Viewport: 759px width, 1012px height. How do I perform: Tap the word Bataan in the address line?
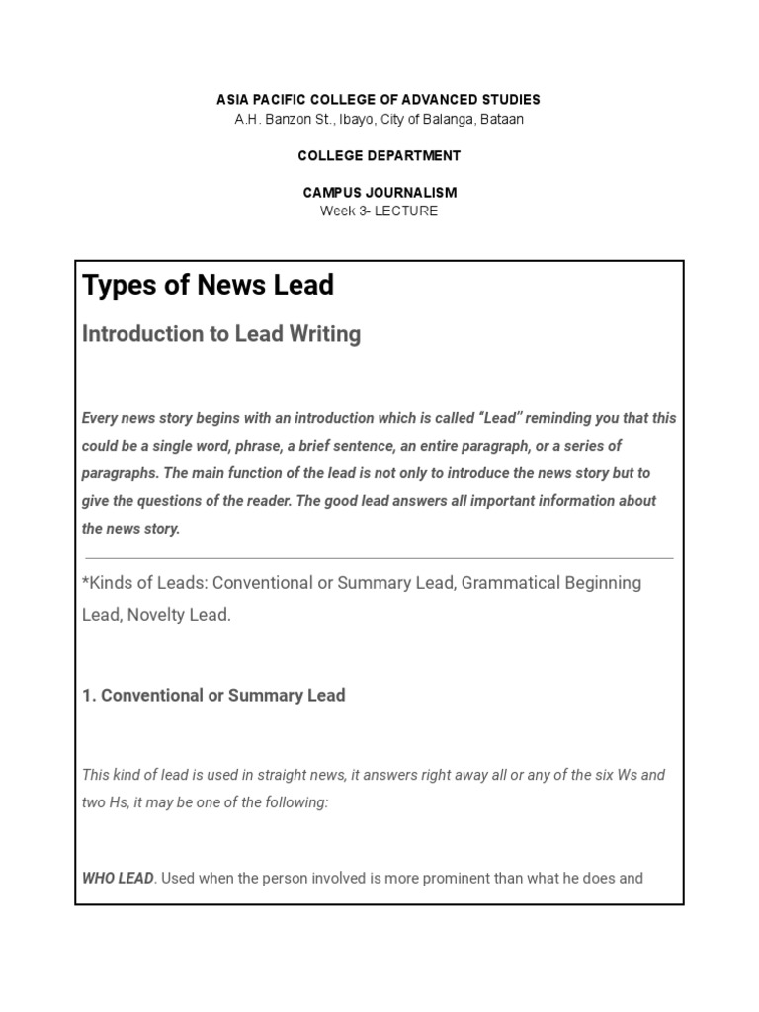click(502, 120)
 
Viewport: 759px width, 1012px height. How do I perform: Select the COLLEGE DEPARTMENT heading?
click(379, 156)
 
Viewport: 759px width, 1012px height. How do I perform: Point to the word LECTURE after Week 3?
click(405, 211)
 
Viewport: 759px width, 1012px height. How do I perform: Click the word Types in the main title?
click(116, 285)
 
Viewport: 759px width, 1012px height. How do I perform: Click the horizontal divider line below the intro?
click(379, 558)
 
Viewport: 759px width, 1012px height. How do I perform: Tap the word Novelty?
click(154, 615)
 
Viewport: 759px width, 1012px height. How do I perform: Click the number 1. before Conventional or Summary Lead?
click(89, 696)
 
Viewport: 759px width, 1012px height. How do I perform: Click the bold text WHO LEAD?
click(118, 878)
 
